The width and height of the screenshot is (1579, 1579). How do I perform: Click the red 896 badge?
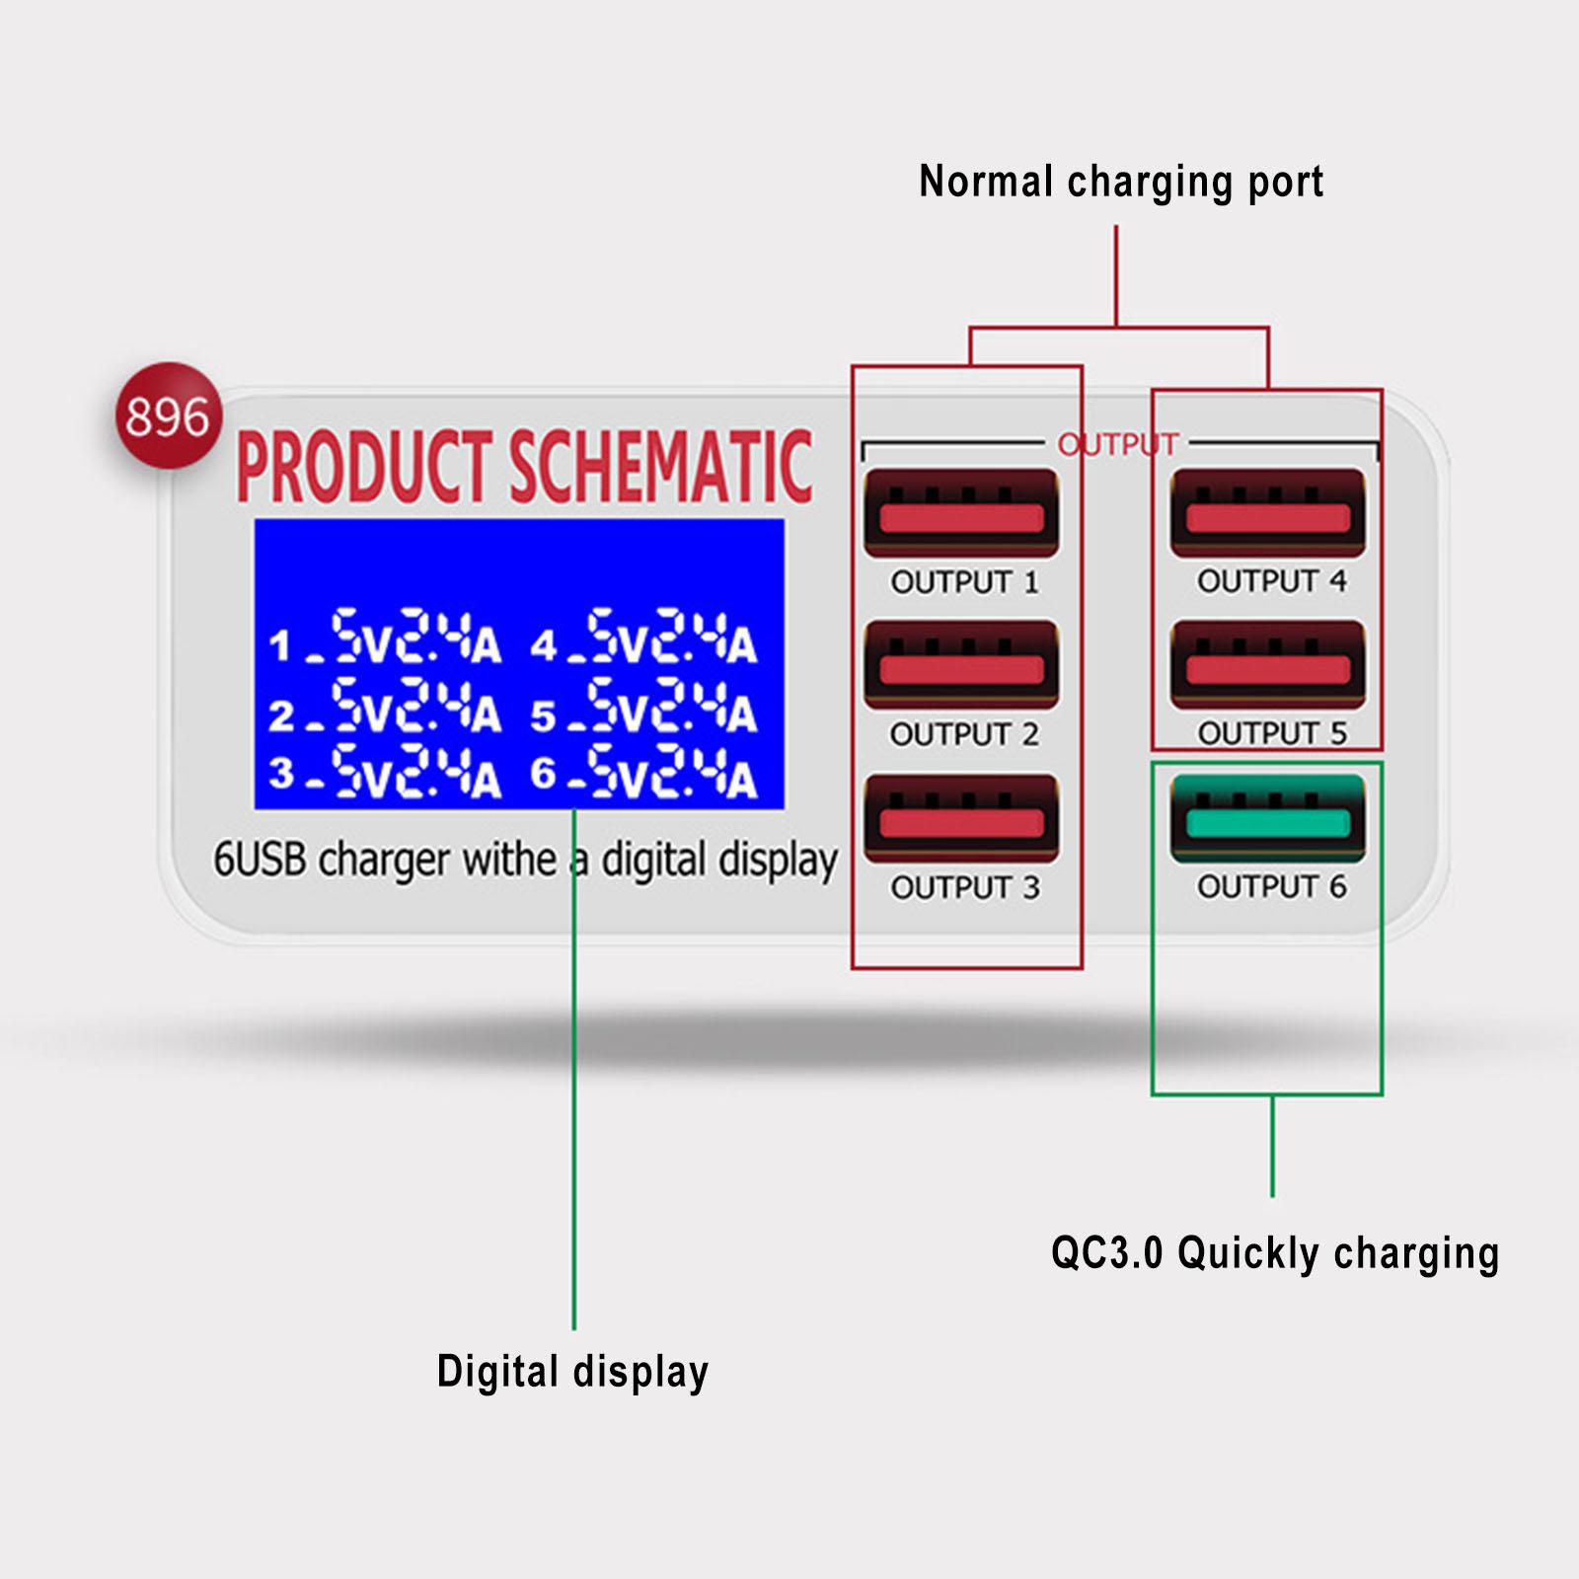coord(168,415)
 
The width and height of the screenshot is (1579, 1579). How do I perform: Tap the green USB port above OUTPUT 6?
coord(1268,819)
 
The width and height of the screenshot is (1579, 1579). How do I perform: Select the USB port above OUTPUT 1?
coord(961,514)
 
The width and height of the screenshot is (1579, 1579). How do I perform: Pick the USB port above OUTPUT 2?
coord(961,666)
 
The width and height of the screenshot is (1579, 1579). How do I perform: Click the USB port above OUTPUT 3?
coord(961,819)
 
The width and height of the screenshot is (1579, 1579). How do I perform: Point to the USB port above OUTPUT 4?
coord(1268,513)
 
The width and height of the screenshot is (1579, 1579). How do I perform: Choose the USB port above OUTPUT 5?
coord(1268,666)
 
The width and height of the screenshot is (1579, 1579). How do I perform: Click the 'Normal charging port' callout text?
coord(1120,183)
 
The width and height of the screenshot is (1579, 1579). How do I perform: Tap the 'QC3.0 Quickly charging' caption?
coord(1274,1253)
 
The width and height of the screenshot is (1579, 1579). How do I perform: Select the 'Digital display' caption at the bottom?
coord(572,1372)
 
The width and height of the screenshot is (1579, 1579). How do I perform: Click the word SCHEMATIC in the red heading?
coord(660,467)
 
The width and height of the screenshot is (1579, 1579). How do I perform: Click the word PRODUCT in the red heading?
coord(364,467)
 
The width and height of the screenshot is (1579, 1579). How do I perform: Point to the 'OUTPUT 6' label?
coord(1271,886)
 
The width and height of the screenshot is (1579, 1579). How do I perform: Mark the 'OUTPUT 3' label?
coord(964,887)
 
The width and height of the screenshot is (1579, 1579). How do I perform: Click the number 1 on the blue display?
coord(280,646)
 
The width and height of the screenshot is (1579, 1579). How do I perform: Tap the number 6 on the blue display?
coord(543,774)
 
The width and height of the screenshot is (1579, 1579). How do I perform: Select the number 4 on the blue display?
coord(544,646)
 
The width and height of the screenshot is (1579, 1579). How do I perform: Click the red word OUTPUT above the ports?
coord(1118,445)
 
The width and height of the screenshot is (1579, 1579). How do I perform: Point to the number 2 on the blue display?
coord(280,714)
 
